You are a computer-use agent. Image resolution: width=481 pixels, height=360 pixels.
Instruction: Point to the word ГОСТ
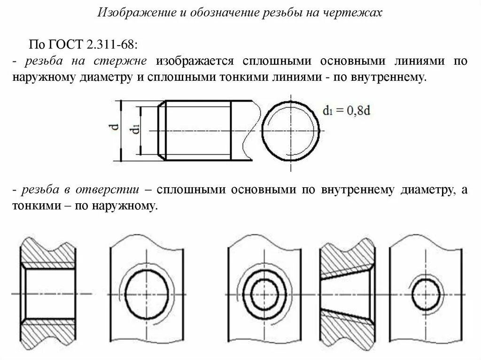pyautogui.click(x=66, y=45)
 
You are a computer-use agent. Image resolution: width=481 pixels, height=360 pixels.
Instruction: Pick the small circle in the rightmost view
pyautogui.click(x=426, y=294)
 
